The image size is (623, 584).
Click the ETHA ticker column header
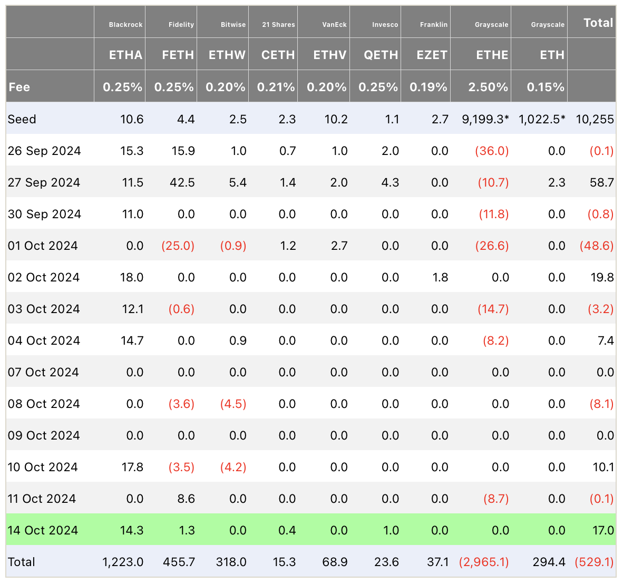coord(125,55)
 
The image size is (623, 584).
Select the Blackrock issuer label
coord(125,25)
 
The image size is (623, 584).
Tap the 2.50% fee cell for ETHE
coord(488,87)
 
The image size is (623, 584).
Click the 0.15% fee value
coord(546,87)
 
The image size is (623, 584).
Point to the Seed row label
coord(22,119)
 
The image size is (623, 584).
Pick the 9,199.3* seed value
coord(485,119)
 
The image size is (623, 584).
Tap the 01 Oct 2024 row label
coord(43,246)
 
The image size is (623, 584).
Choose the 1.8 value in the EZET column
coord(440,277)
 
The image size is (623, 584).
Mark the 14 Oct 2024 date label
coord(43,530)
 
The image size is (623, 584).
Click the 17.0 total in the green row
coord(603,530)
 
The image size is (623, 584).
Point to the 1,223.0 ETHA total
coord(123,562)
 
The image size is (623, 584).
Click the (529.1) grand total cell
coord(595,562)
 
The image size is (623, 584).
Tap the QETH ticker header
coord(381,55)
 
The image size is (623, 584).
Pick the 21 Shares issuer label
coord(278,25)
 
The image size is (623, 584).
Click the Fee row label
coord(19,87)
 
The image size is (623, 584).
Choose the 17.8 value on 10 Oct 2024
coord(132,467)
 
